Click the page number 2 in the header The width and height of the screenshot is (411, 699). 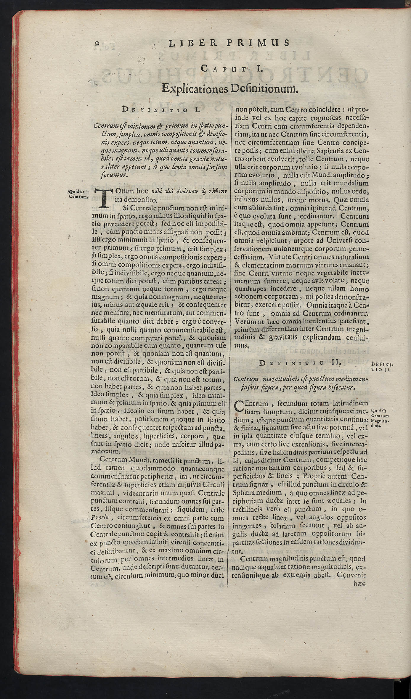point(97,43)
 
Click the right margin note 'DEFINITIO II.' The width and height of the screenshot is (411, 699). point(381,367)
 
